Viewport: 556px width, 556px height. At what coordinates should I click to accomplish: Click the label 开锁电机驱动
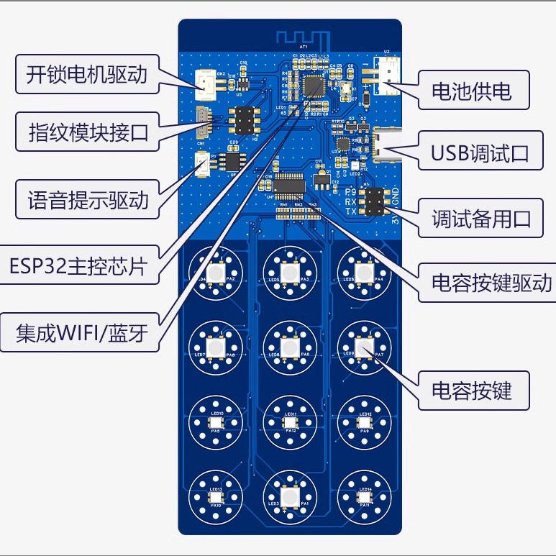pyautogui.click(x=86, y=75)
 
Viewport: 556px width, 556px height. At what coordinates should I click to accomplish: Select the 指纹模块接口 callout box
pyautogui.click(x=86, y=132)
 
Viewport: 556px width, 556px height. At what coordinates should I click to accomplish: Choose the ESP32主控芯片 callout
pyautogui.click(x=79, y=266)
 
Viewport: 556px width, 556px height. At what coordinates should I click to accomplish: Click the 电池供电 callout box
pyautogui.click(x=471, y=91)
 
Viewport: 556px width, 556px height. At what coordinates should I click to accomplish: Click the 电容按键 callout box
pyautogui.click(x=471, y=391)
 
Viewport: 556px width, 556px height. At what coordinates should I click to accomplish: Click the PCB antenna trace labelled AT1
pyautogui.click(x=302, y=37)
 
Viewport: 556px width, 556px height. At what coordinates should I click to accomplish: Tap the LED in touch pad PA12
pyautogui.click(x=290, y=422)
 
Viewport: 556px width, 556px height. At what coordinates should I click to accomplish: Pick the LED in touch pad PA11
pyautogui.click(x=364, y=497)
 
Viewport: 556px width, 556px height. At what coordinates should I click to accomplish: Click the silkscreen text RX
pyautogui.click(x=351, y=202)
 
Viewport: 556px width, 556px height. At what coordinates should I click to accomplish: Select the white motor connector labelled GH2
pyautogui.click(x=206, y=84)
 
